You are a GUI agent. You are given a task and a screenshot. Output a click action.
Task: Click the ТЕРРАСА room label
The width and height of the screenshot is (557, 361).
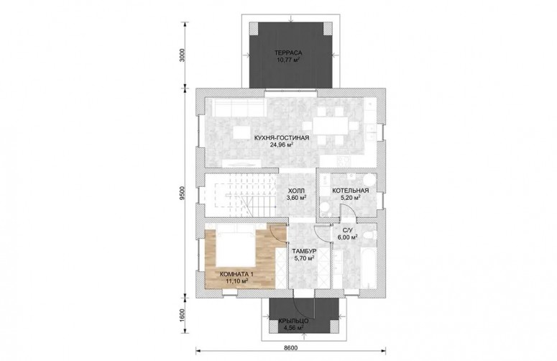pyautogui.click(x=288, y=53)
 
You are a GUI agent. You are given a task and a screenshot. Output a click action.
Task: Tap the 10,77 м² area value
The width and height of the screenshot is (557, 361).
pyautogui.click(x=288, y=60)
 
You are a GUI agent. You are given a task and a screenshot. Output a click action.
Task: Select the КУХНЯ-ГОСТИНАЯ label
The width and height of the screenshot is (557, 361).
pyautogui.click(x=282, y=138)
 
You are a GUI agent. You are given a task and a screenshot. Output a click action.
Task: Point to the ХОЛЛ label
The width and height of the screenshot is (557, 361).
pyautogui.click(x=296, y=191)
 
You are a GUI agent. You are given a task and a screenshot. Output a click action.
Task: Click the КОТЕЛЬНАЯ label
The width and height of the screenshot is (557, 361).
pyautogui.click(x=351, y=191)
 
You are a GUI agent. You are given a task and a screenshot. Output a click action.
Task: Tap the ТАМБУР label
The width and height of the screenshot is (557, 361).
pyautogui.click(x=305, y=251)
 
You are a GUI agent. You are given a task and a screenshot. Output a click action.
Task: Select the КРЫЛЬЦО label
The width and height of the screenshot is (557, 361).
pyautogui.click(x=293, y=321)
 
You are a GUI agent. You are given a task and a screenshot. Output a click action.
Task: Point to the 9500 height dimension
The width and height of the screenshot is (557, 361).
pyautogui.click(x=183, y=193)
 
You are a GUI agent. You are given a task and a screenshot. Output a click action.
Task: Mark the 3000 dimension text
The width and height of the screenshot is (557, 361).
pyautogui.click(x=183, y=55)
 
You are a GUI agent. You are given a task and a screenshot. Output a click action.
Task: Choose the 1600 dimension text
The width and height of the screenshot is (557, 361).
pyautogui.click(x=183, y=315)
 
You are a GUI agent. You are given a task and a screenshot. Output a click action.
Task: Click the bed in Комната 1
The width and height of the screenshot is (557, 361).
pyautogui.click(x=235, y=245)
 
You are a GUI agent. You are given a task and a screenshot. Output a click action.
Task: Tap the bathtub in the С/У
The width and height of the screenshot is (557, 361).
pyautogui.click(x=368, y=268)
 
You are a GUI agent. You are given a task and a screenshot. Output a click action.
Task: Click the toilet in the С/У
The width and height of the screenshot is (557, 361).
pyautogui.click(x=371, y=235)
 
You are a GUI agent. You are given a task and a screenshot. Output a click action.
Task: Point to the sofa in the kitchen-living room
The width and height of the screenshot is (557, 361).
pyautogui.click(x=239, y=107)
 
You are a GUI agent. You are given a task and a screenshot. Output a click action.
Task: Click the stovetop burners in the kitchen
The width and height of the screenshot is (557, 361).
pyautogui.click(x=344, y=161)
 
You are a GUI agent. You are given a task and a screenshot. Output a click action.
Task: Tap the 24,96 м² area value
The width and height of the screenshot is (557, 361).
pyautogui.click(x=282, y=145)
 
